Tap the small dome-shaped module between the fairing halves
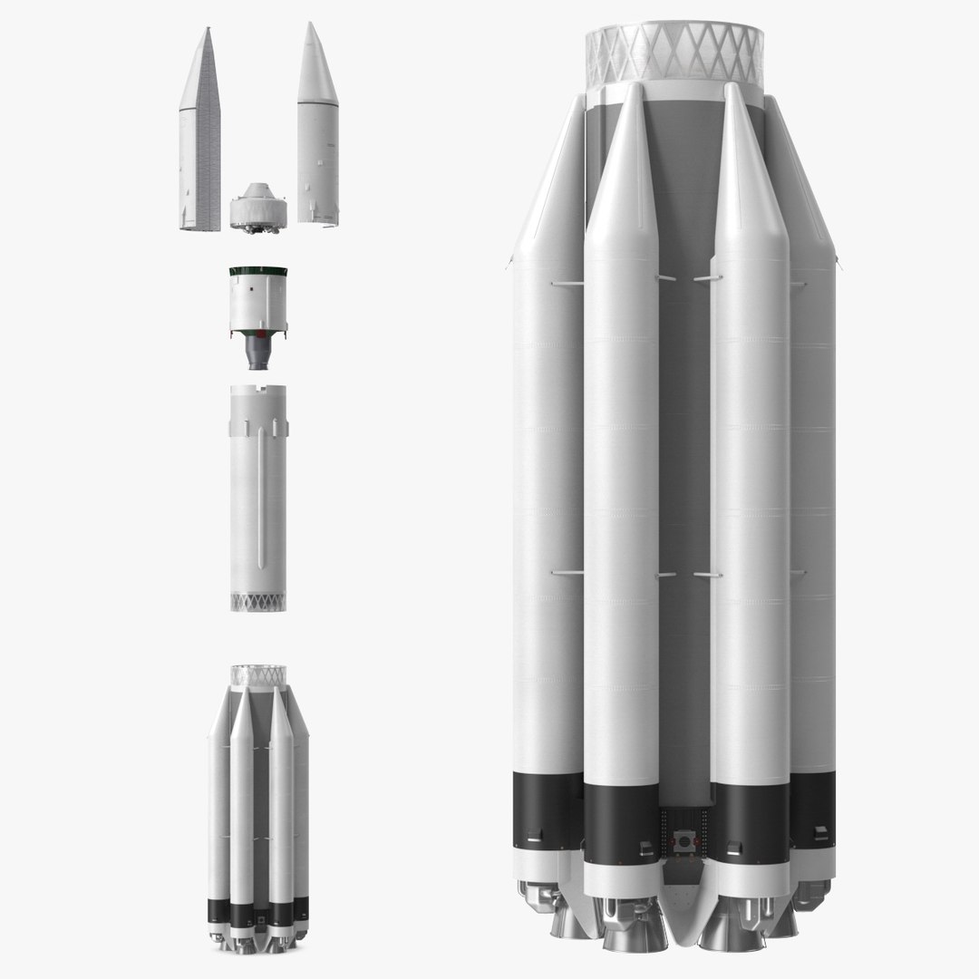[x=258, y=207]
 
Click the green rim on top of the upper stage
[x=258, y=271]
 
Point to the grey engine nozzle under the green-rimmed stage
[x=258, y=354]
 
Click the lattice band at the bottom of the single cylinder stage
[x=258, y=601]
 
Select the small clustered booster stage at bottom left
[x=258, y=807]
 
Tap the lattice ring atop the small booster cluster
[x=258, y=674]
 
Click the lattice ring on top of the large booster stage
[x=675, y=53]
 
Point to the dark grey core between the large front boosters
[x=684, y=453]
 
